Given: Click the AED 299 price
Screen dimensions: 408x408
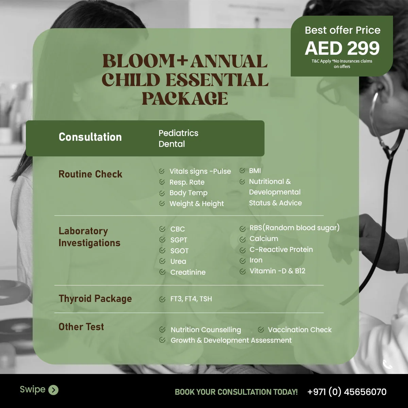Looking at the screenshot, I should pyautogui.click(x=342, y=48).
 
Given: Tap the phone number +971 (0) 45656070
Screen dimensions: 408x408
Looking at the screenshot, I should pyautogui.click(x=347, y=392).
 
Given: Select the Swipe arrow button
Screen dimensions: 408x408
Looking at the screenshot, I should pyautogui.click(x=53, y=390).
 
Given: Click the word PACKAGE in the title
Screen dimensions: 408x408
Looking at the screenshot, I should pyautogui.click(x=185, y=99).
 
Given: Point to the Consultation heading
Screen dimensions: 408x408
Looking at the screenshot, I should pyautogui.click(x=90, y=137).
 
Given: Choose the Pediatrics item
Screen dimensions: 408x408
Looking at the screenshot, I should pyautogui.click(x=178, y=133).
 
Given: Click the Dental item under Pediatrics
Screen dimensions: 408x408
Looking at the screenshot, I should pyautogui.click(x=172, y=144).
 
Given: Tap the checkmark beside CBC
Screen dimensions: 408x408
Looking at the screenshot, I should pyautogui.click(x=163, y=229).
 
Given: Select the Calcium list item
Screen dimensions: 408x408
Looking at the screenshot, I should pyautogui.click(x=263, y=239).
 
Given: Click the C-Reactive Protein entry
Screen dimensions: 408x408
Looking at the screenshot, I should pyautogui.click(x=281, y=250).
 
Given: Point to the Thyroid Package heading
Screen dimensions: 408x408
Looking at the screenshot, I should pyautogui.click(x=95, y=299).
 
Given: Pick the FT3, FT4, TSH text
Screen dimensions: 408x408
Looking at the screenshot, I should pyautogui.click(x=191, y=299).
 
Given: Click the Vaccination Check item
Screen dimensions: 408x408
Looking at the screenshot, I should pyautogui.click(x=299, y=330).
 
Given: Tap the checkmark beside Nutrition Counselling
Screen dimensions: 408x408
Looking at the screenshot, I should pyautogui.click(x=163, y=329).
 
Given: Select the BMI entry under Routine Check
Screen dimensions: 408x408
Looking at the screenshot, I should pyautogui.click(x=255, y=171).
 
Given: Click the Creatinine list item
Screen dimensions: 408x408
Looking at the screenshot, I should pyautogui.click(x=188, y=272).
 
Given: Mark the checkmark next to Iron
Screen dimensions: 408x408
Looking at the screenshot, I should pyautogui.click(x=242, y=261).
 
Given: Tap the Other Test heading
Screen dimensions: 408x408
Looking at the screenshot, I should pyautogui.click(x=81, y=327).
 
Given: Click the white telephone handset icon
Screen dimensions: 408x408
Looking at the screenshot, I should pyautogui.click(x=388, y=364).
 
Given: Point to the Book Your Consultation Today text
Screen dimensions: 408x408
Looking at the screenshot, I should pyautogui.click(x=236, y=392).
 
